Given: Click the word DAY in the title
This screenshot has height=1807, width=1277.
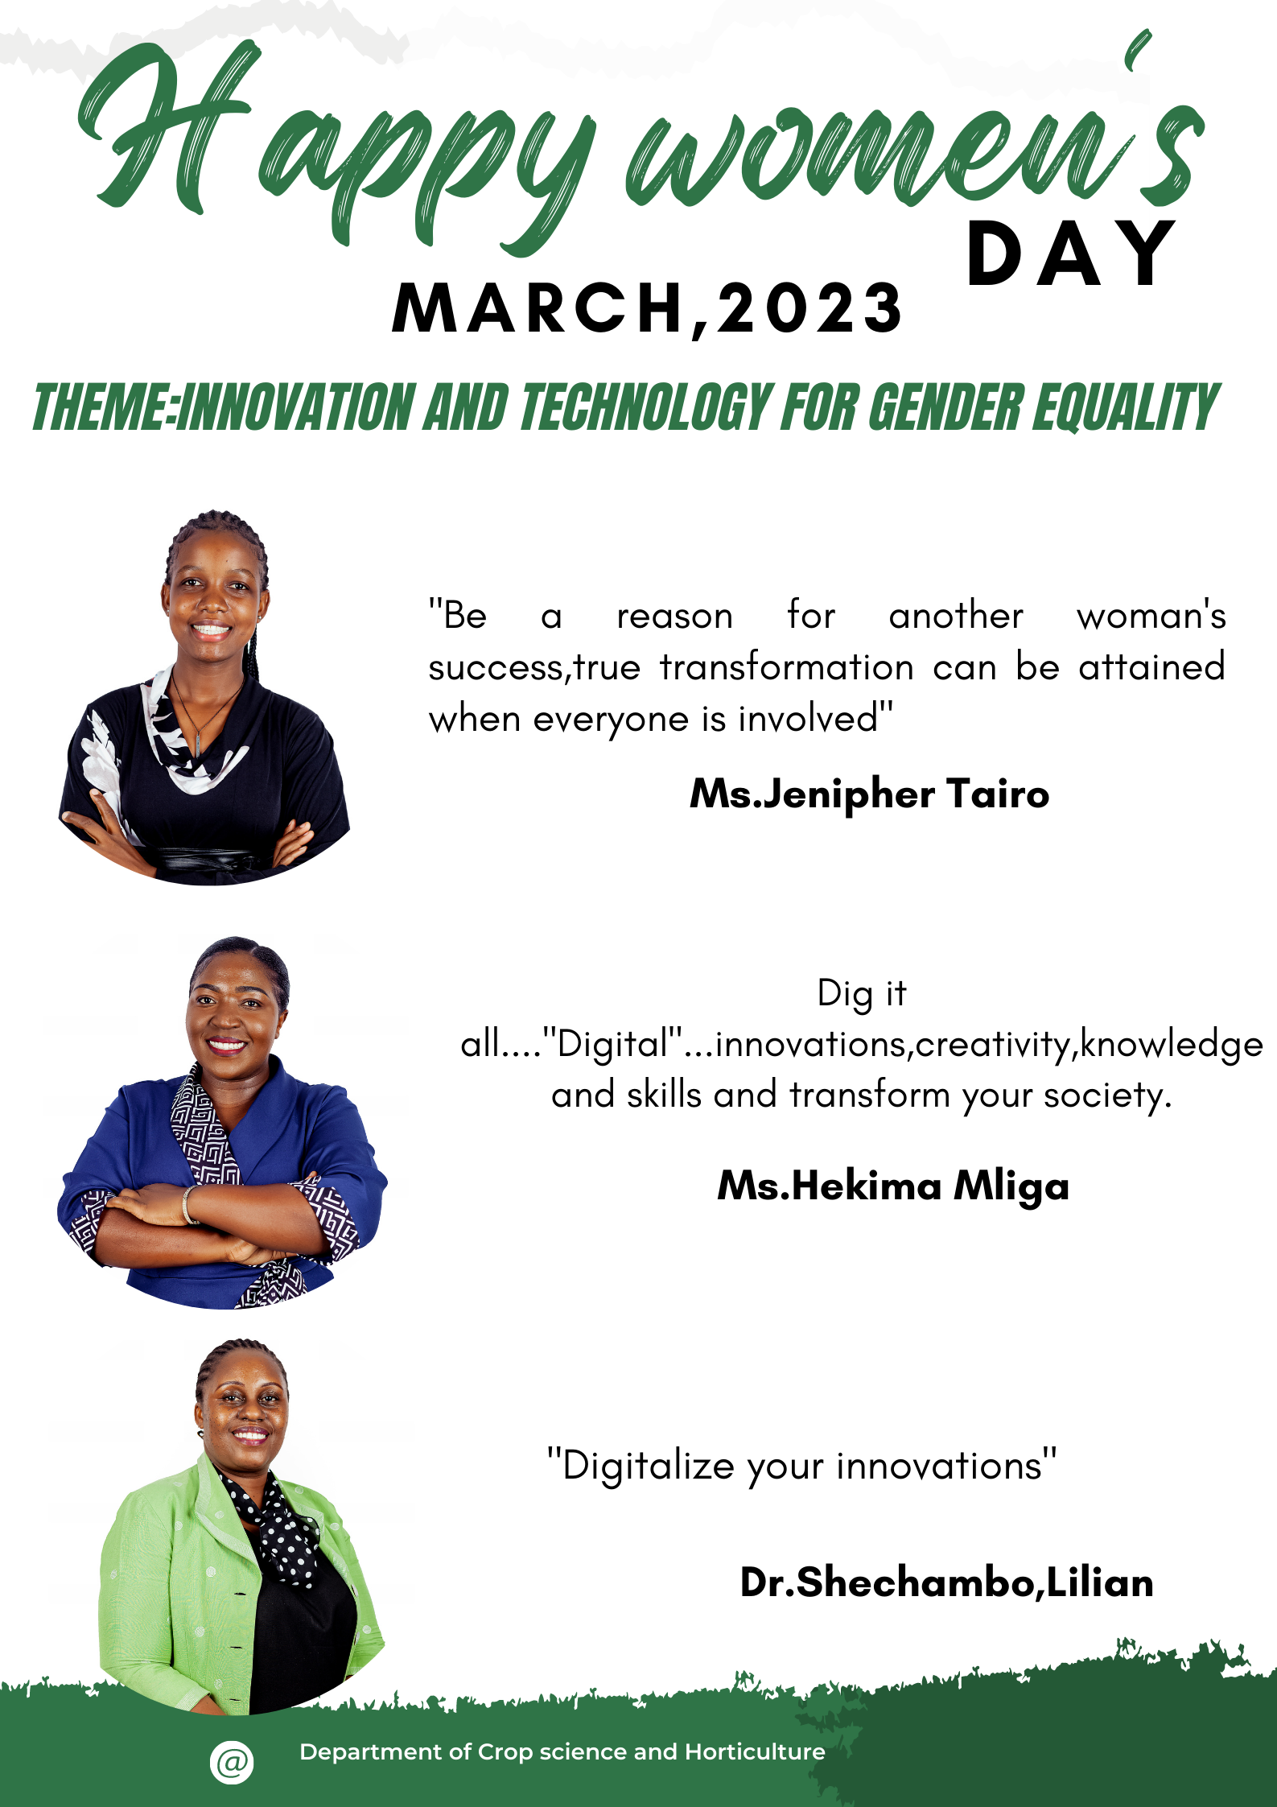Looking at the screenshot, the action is click(1071, 254).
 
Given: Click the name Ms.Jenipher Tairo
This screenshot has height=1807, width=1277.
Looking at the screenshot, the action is click(870, 795).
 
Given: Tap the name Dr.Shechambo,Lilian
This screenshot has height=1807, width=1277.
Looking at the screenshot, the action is click(947, 1583).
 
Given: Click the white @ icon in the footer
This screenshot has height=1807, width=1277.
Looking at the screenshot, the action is click(232, 1762).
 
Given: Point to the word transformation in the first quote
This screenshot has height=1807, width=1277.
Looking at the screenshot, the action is click(787, 668).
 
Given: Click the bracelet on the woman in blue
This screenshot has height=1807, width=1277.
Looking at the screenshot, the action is click(188, 1205).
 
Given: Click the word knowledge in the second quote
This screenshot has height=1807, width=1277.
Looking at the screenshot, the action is click(1172, 1045).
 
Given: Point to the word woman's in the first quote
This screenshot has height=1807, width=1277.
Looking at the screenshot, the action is click(1151, 616).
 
